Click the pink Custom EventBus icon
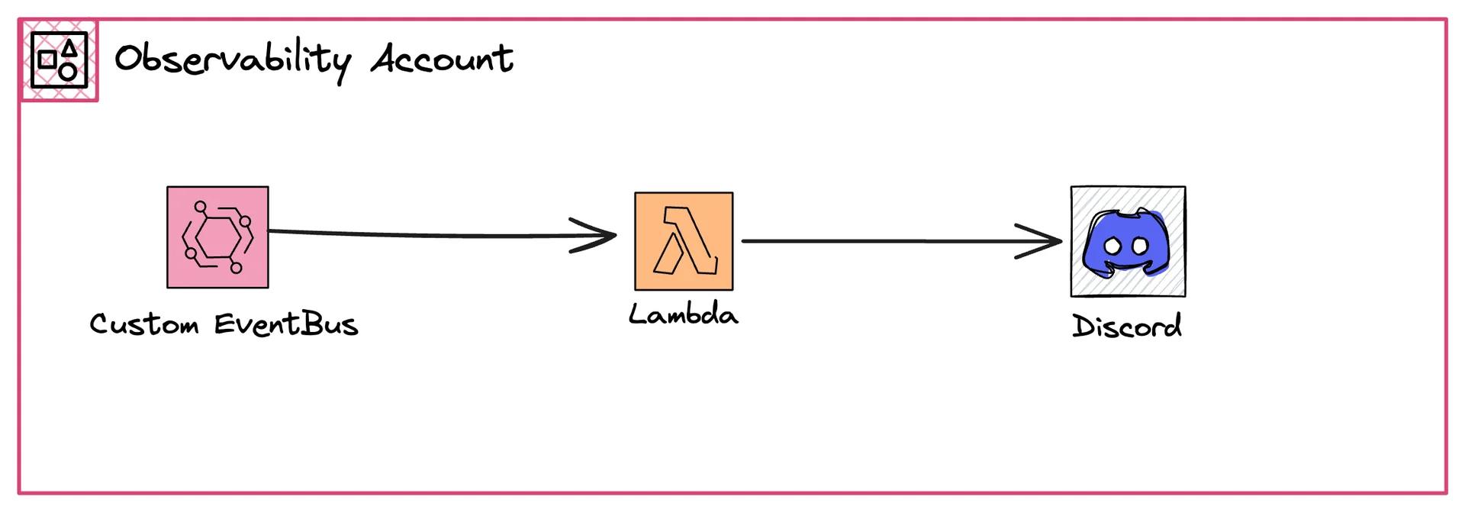(x=217, y=237)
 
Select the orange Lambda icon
(x=684, y=241)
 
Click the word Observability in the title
(x=232, y=60)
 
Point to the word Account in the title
(x=442, y=59)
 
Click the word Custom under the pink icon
(x=144, y=324)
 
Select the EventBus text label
(x=286, y=324)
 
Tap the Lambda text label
(x=684, y=314)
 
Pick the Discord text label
(x=1127, y=326)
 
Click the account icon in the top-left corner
(x=59, y=60)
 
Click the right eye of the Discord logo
(x=1140, y=246)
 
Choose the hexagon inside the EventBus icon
(x=217, y=237)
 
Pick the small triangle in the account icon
(x=69, y=48)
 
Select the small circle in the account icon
(x=68, y=72)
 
